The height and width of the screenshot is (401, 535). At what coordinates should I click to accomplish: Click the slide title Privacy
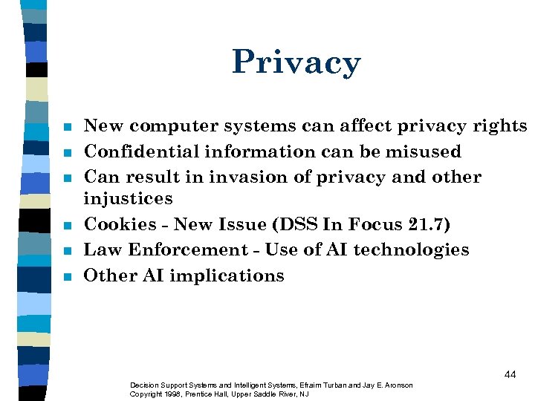(x=296, y=62)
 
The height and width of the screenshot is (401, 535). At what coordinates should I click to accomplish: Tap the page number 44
(x=509, y=374)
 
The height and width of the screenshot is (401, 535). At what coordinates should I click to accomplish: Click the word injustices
(x=128, y=199)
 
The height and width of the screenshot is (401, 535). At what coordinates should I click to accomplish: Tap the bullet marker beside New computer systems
(x=66, y=128)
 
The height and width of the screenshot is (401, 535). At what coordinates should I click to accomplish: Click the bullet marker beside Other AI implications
(x=66, y=276)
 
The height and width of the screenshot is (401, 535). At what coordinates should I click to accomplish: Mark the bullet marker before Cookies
(x=66, y=225)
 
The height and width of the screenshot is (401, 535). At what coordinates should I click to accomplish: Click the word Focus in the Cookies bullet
(x=366, y=224)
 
